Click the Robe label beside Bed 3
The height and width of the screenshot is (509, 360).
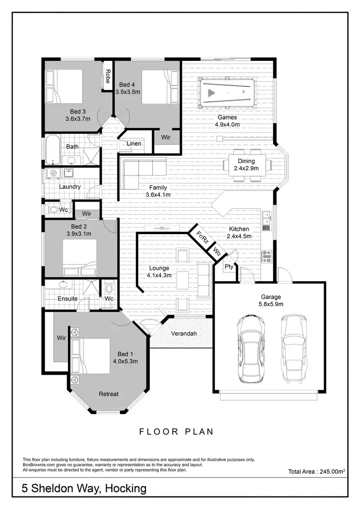(108, 75)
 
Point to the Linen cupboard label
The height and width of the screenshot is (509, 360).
(134, 144)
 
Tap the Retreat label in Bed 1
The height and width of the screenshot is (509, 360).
(108, 394)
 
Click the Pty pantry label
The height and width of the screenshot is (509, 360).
(229, 267)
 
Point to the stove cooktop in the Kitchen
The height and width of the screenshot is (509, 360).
(266, 256)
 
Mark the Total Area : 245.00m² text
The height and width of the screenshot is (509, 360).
(317, 472)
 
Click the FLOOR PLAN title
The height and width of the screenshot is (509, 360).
(177, 431)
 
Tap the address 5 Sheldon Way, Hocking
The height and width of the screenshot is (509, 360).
(84, 489)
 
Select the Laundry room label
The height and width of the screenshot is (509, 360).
(70, 187)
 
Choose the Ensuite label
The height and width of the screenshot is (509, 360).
(67, 298)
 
